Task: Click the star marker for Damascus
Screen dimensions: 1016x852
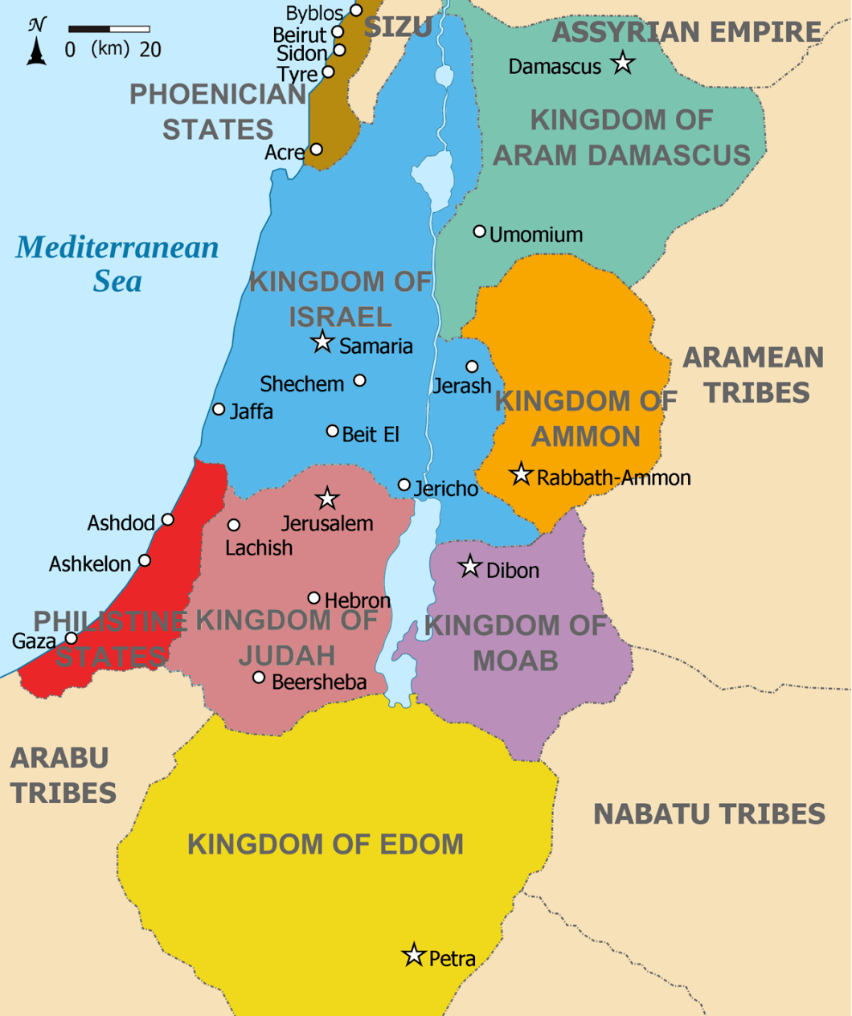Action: coord(622,63)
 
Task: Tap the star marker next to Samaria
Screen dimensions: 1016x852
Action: coord(322,342)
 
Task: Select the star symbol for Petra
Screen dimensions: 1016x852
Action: coord(413,955)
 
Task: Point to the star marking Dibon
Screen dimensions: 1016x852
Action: coord(469,567)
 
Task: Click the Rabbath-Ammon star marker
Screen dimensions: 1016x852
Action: coord(521,474)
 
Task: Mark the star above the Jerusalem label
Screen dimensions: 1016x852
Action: coord(326,498)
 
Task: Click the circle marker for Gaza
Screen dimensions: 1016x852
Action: coord(72,638)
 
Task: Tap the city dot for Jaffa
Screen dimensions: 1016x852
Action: coord(219,409)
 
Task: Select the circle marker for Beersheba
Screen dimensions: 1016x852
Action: coord(259,678)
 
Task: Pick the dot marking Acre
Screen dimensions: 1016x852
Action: coord(317,150)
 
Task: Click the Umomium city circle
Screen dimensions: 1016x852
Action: coord(479,231)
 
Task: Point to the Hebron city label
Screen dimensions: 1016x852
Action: coord(358,600)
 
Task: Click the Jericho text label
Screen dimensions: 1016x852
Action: coord(446,489)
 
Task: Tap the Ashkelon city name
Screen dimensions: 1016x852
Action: coord(89,564)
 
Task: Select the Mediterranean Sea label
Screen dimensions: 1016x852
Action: coord(117,264)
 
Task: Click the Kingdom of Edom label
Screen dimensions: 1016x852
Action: coord(326,844)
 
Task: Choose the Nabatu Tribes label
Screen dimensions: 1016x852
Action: coord(709,814)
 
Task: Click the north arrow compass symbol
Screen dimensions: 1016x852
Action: coord(36,42)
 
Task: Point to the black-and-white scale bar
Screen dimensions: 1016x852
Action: coord(109,30)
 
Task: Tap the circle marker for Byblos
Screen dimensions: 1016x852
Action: coord(356,10)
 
